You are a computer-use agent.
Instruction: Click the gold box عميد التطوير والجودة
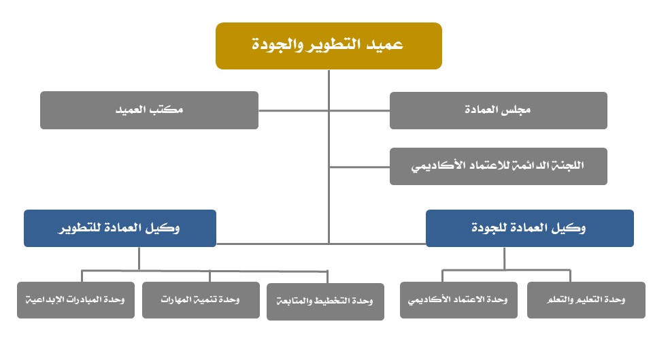pos(329,46)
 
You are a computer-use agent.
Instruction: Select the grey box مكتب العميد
pos(149,110)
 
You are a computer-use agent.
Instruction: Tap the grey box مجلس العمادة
pos(499,110)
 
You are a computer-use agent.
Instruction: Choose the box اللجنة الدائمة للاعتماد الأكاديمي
pos(499,166)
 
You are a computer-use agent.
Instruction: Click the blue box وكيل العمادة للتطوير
pos(120,229)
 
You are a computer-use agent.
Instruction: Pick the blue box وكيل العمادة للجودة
pos(530,229)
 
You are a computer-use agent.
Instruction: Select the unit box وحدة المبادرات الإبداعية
pos(76,300)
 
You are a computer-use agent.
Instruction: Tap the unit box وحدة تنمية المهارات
pos(201,300)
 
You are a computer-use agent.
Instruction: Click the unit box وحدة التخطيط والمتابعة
pos(325,301)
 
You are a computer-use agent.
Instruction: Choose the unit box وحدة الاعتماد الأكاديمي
pos(458,300)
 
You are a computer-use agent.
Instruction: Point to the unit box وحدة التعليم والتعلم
pos(586,300)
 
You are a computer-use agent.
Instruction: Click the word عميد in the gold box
pos(384,44)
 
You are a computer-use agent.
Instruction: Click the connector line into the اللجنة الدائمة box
pos(359,167)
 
